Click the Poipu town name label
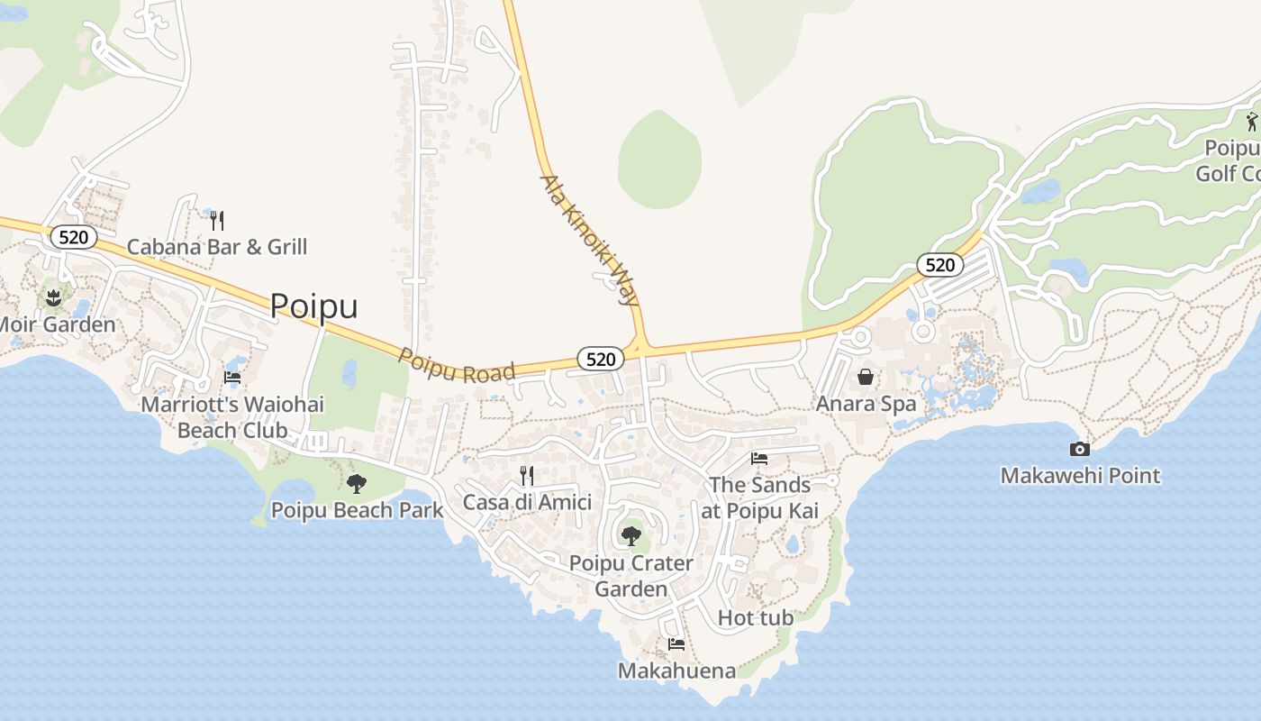click(313, 306)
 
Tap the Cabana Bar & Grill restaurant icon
click(216, 220)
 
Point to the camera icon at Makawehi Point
click(1079, 449)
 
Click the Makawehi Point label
click(1080, 476)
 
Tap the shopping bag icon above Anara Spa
click(866, 377)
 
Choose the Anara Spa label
click(866, 404)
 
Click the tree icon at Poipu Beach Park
click(357, 484)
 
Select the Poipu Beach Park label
click(357, 511)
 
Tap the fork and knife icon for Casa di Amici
click(527, 476)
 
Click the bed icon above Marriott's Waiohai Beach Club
click(232, 379)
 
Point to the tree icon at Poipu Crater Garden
click(631, 536)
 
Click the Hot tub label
click(756, 618)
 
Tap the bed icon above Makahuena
click(676, 644)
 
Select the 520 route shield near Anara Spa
click(939, 265)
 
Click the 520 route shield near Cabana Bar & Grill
click(73, 238)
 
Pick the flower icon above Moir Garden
click(53, 297)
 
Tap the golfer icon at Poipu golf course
click(1252, 122)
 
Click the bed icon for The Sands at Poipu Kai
click(759, 459)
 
